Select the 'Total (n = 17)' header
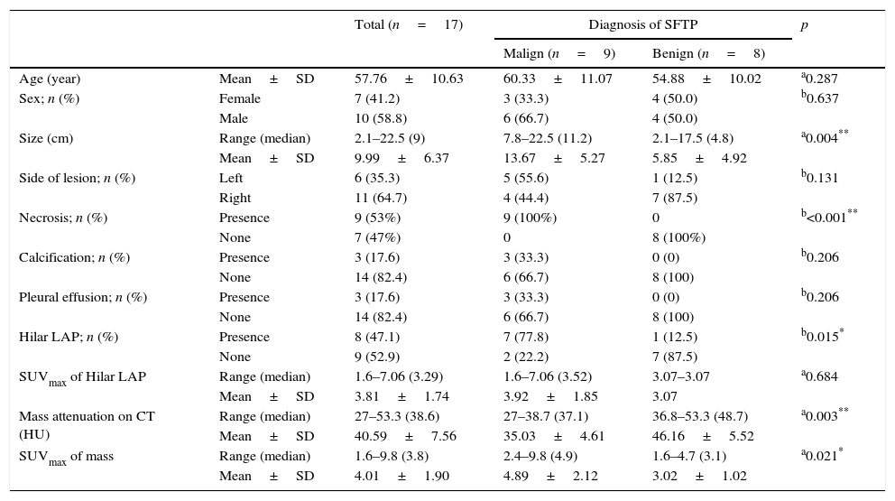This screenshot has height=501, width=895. point(408,25)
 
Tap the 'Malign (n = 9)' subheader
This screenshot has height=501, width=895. point(558,53)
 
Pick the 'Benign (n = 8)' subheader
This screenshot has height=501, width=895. point(708,53)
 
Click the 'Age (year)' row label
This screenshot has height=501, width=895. point(50,79)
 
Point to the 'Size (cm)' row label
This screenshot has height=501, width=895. point(46,138)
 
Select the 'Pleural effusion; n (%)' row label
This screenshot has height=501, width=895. point(77,297)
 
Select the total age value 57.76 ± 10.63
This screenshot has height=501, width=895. point(409,79)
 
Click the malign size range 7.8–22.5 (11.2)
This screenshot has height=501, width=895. point(547,138)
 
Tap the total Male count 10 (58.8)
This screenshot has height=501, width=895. point(380,118)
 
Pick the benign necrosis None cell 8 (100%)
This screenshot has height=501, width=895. point(679,237)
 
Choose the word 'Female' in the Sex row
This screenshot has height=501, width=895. point(240,98)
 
